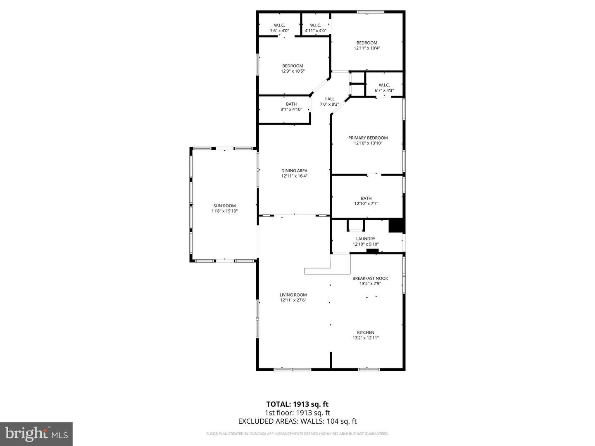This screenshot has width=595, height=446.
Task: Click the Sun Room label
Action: tap(224, 206)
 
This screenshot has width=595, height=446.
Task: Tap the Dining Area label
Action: tap(294, 171)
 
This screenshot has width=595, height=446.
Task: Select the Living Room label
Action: tap(293, 295)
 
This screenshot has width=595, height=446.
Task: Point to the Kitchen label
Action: tap(366, 332)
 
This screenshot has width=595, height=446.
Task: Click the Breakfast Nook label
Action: tap(370, 278)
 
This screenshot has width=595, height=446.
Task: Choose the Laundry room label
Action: tap(366, 239)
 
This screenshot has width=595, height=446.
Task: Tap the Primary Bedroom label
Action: tap(368, 138)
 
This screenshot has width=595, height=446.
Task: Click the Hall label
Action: tap(329, 99)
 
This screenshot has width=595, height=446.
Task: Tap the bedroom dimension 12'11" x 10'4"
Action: tap(367, 48)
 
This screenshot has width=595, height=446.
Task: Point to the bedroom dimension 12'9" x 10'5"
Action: tap(293, 71)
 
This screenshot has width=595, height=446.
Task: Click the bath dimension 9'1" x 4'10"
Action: tap(291, 109)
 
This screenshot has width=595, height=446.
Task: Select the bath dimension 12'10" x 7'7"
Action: tap(366, 204)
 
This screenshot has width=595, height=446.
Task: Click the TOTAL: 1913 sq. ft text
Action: tap(297, 404)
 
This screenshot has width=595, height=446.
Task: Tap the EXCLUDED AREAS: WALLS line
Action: tap(297, 421)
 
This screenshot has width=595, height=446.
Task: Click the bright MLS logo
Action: tap(36, 434)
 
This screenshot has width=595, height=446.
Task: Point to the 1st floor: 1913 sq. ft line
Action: tap(297, 413)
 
